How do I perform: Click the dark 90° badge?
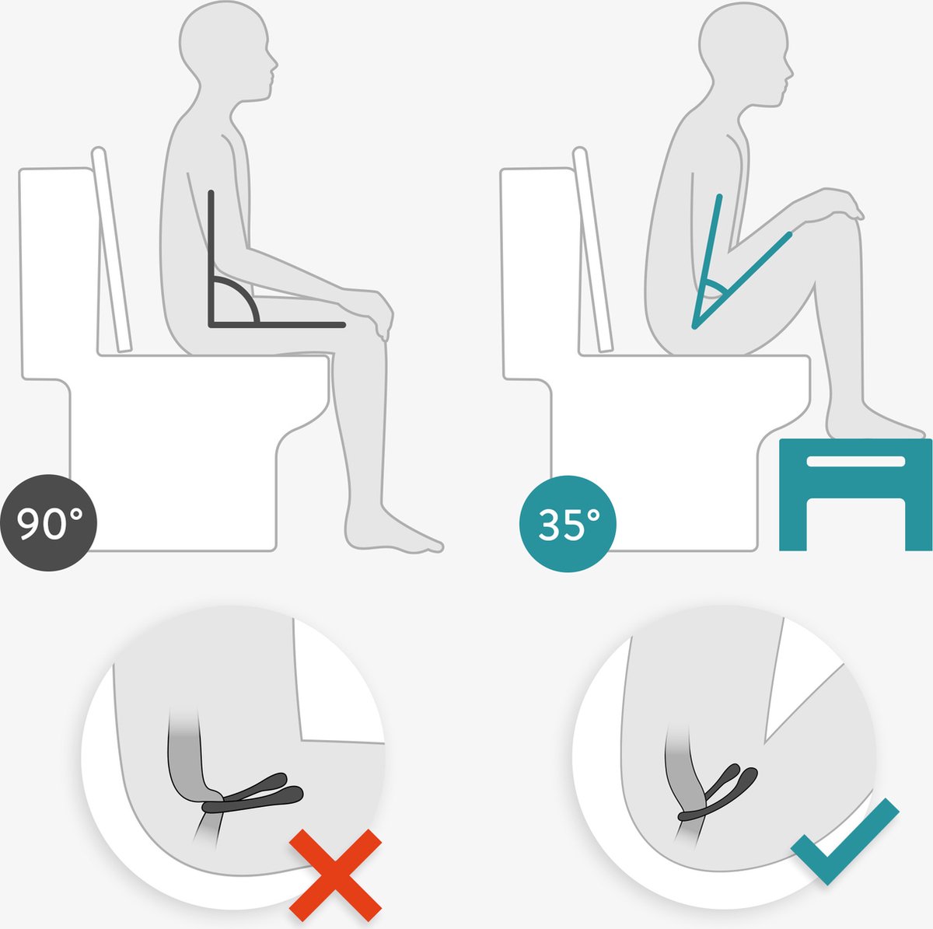pos(48,523)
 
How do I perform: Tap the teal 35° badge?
pos(567,523)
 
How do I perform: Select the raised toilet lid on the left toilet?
pos(112,249)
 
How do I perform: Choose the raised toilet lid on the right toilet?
pos(592,249)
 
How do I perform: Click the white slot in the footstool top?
pos(855,461)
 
